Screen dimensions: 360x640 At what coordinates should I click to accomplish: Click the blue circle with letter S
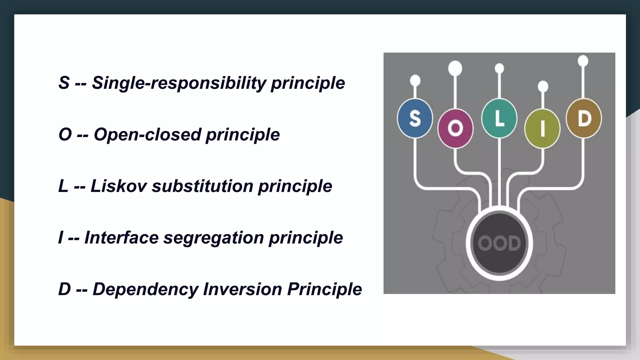pyautogui.click(x=415, y=118)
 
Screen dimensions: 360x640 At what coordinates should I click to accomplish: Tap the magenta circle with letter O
pyautogui.click(x=455, y=128)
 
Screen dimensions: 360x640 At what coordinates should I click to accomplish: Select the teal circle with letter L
pyautogui.click(x=499, y=118)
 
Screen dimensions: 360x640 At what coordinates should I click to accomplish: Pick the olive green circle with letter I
pyautogui.click(x=542, y=128)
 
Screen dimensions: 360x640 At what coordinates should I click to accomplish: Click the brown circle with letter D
pyautogui.click(x=584, y=118)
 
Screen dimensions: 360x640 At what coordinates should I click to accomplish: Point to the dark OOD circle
pyautogui.click(x=499, y=243)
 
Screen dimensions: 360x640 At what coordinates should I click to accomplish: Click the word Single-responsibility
pyautogui.click(x=178, y=83)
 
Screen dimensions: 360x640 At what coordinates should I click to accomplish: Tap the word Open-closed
pyautogui.click(x=147, y=135)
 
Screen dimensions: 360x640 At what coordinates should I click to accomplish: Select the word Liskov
pyautogui.click(x=118, y=186)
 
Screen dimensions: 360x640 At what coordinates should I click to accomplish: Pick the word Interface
pyautogui.click(x=122, y=238)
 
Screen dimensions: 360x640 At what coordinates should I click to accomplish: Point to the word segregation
pyautogui.click(x=214, y=238)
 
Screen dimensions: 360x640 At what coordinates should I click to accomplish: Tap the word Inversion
pyautogui.click(x=242, y=289)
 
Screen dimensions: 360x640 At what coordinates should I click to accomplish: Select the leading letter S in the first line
pyautogui.click(x=64, y=83)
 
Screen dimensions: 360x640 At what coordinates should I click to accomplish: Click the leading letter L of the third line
pyautogui.click(x=63, y=186)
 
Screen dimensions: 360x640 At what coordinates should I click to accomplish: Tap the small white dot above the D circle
pyautogui.click(x=583, y=61)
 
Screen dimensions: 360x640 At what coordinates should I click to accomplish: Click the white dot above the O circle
pyautogui.click(x=455, y=68)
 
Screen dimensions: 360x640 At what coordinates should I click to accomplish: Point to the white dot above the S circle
pyautogui.click(x=415, y=81)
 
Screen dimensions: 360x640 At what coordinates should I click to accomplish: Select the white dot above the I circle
pyautogui.click(x=543, y=86)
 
